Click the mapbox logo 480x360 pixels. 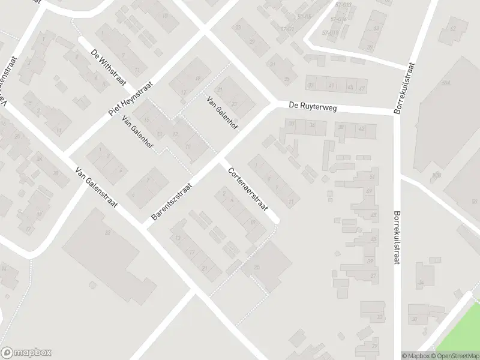pyautogui.click(x=26, y=353)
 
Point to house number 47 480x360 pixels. pyautogui.click(x=361, y=88)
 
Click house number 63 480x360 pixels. pyautogui.click(x=376, y=28)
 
